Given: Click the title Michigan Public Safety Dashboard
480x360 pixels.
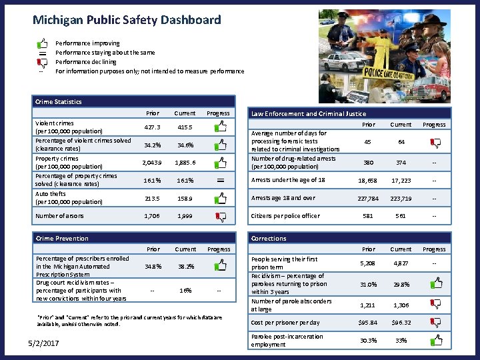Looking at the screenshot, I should pyautogui.click(x=127, y=20).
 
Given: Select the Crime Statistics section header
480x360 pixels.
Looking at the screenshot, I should pyautogui.click(x=59, y=101).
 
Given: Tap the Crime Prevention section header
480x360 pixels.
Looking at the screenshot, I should pyautogui.click(x=62, y=238).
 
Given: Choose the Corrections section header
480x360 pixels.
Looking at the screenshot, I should pyautogui.click(x=269, y=238).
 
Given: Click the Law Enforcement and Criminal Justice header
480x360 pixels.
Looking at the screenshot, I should pyautogui.click(x=309, y=113).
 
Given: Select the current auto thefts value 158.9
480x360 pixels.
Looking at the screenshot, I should pyautogui.click(x=184, y=198).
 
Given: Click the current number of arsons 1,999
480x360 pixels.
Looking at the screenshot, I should pyautogui.click(x=184, y=216).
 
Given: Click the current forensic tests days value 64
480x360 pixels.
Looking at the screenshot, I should pyautogui.click(x=401, y=141).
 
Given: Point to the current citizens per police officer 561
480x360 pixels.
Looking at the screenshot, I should pyautogui.click(x=401, y=216).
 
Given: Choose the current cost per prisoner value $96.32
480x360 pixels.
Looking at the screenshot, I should pyautogui.click(x=401, y=323).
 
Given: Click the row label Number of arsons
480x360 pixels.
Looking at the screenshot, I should pyautogui.click(x=60, y=216).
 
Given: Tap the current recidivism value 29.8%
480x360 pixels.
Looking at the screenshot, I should pyautogui.click(x=401, y=285).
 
